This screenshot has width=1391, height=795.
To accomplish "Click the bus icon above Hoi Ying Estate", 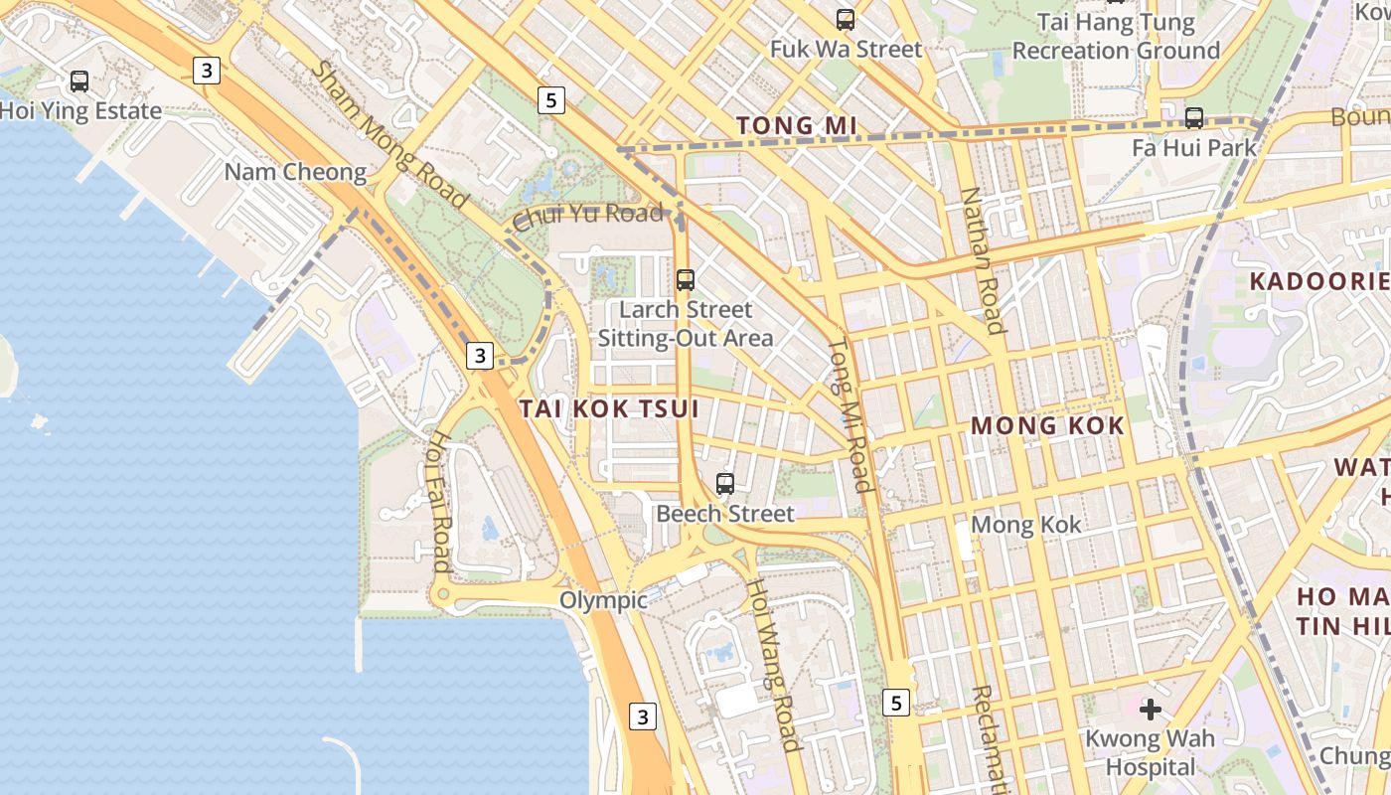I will pyautogui.click(x=79, y=81).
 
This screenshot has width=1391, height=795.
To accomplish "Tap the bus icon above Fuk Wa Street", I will pyautogui.click(x=846, y=19).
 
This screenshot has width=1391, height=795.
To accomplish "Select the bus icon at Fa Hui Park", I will pyautogui.click(x=1194, y=118).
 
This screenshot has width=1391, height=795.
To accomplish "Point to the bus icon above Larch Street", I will pyautogui.click(x=686, y=280).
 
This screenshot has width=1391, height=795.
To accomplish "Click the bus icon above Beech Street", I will pyautogui.click(x=725, y=484).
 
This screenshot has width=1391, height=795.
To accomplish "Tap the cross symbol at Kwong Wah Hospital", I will pyautogui.click(x=1151, y=710).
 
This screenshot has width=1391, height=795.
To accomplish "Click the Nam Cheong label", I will pyautogui.click(x=295, y=172).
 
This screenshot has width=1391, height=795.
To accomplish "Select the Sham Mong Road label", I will pyautogui.click(x=389, y=134).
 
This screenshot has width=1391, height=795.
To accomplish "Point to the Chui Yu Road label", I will pyautogui.click(x=588, y=214).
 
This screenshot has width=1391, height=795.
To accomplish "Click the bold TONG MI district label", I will pyautogui.click(x=797, y=125).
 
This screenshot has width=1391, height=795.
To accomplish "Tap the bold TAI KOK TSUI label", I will pyautogui.click(x=609, y=408).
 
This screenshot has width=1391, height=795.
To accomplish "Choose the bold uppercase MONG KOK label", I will pyautogui.click(x=1047, y=426).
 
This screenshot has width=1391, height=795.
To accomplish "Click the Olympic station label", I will pyautogui.click(x=603, y=600).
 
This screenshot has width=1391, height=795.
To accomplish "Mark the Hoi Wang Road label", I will pyautogui.click(x=773, y=665).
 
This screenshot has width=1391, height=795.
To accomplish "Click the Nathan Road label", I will pyautogui.click(x=982, y=260).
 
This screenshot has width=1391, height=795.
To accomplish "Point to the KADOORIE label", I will pyautogui.click(x=1318, y=280).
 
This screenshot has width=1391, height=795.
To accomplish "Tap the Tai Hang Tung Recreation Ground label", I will pyautogui.click(x=1116, y=36).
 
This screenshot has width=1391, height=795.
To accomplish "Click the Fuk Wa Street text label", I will pyautogui.click(x=847, y=49).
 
